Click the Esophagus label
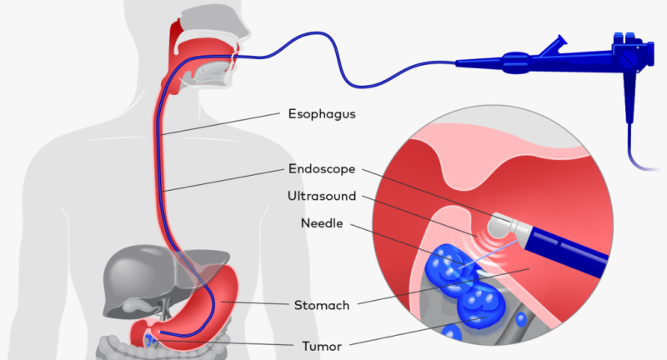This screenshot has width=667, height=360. coord(322,113)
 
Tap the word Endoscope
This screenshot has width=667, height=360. coord(322,168)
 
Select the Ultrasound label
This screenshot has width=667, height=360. coord(322,197)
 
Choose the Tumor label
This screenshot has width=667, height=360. coord(320,343)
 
